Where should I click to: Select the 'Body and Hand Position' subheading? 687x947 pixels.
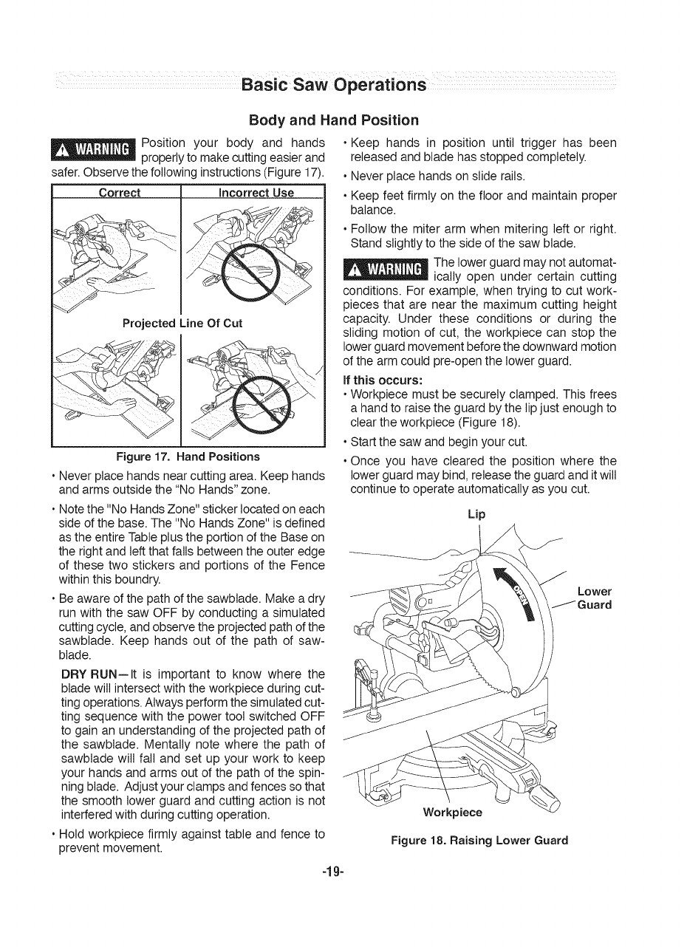coord(334,120)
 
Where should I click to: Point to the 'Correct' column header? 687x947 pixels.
coord(120,194)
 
